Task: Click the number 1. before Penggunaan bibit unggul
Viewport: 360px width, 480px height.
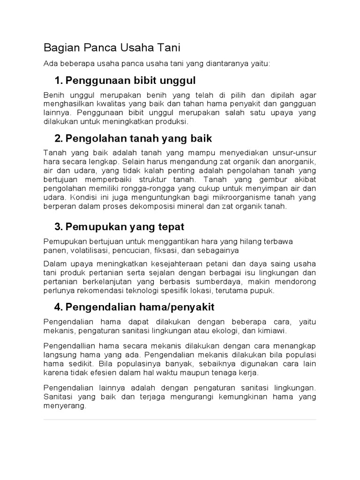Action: coord(59,80)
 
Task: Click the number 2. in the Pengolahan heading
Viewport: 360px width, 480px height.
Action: coord(59,139)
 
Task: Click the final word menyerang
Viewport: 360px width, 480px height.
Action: coord(65,406)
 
